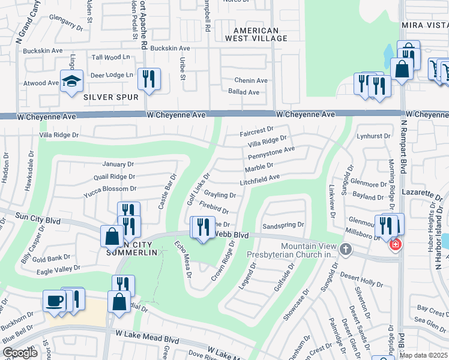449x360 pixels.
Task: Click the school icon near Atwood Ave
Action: point(71,81)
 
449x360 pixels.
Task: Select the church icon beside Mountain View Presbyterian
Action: point(345,248)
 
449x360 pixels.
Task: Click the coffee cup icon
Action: point(54,300)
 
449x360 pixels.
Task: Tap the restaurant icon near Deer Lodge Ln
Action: point(148,79)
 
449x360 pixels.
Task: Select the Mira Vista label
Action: point(424,26)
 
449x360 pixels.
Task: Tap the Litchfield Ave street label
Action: point(260,178)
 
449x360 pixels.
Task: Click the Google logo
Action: point(20,352)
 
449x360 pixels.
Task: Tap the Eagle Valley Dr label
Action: point(58,269)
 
